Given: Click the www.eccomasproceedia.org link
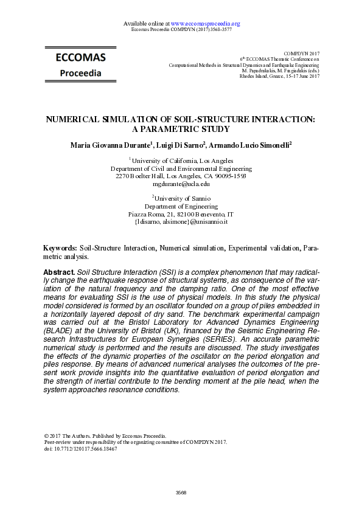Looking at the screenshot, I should click(x=205, y=24).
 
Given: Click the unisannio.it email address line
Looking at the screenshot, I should click(x=181, y=222).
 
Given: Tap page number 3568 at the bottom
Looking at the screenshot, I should click(x=181, y=493).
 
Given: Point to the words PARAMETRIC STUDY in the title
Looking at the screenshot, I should click(x=181, y=130).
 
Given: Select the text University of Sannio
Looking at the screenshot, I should click(x=183, y=199).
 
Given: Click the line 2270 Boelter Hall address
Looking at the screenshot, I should click(x=181, y=176).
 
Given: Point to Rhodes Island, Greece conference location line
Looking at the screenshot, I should click(x=279, y=76).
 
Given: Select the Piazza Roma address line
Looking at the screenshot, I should click(x=181, y=215).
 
